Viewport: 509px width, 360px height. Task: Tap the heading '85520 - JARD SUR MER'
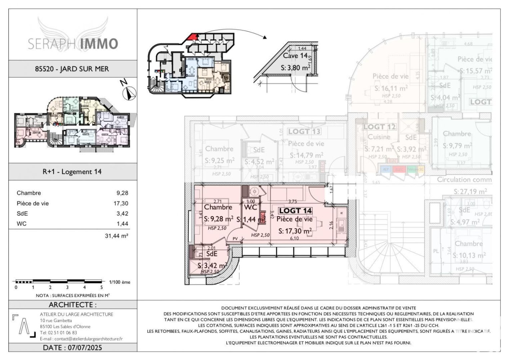tap(72, 69)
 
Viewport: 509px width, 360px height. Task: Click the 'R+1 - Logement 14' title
tap(72, 172)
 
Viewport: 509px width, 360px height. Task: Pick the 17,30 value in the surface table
tap(121, 203)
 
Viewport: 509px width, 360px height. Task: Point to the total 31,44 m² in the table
tap(116, 236)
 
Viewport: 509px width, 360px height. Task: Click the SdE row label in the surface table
tap(22, 213)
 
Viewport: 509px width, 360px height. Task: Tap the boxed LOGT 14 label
tap(295, 211)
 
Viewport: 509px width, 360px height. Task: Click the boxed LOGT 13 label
tap(304, 131)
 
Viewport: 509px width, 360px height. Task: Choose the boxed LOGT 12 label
tap(379, 127)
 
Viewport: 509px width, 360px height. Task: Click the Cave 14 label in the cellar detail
tap(295, 56)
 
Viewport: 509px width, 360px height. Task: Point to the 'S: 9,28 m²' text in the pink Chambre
tap(218, 219)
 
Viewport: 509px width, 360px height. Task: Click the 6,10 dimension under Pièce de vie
tap(294, 238)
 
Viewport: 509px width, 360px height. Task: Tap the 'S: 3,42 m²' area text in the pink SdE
tap(212, 266)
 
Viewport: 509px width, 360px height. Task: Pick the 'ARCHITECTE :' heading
tap(72, 305)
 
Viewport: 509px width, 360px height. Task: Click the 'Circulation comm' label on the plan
tap(464, 179)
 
